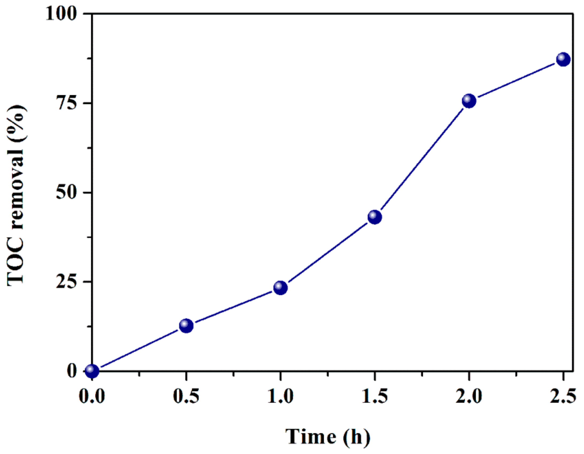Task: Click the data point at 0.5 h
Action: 186,326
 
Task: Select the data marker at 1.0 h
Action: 281,288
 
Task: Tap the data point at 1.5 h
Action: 375,217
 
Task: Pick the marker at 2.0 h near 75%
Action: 469,101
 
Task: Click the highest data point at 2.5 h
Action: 563,59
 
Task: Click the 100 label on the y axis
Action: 61,14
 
